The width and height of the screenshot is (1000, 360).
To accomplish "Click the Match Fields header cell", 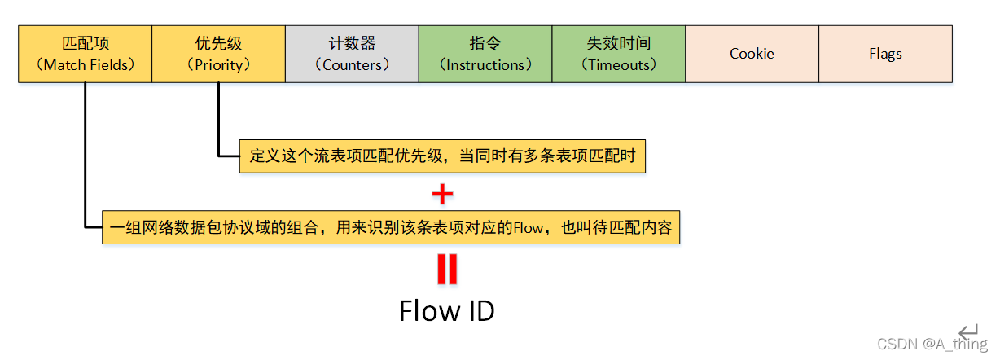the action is point(85,54).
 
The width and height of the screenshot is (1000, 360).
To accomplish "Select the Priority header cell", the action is point(218,54).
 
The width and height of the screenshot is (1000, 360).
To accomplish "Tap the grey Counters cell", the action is point(352,54).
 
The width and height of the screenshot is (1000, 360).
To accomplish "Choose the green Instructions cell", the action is point(485,54).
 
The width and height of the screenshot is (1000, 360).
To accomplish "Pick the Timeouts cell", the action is point(619,54).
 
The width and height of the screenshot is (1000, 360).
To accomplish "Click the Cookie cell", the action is point(752,54).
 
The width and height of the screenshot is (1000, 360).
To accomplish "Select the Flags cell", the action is point(885,54).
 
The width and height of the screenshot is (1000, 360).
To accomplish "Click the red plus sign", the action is point(441,194).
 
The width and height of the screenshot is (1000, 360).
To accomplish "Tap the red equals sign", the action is point(446,270).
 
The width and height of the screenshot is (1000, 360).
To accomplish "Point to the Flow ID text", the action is point(446,310).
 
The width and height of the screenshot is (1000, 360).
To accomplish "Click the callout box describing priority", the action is point(442,156).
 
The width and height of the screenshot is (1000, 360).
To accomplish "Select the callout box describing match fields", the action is point(391,227).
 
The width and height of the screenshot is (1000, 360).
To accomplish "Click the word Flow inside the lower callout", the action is point(528,228).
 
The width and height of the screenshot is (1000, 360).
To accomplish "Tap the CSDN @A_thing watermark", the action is point(932,345).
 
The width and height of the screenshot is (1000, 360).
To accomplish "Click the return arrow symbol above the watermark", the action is point(968,331).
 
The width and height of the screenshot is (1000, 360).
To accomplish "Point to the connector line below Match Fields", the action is point(85,155).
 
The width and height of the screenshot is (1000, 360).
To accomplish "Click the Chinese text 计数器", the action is point(352,43).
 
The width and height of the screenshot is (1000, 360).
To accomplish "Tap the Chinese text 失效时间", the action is point(619,43).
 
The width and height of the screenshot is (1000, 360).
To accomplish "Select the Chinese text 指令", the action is point(485,43).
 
